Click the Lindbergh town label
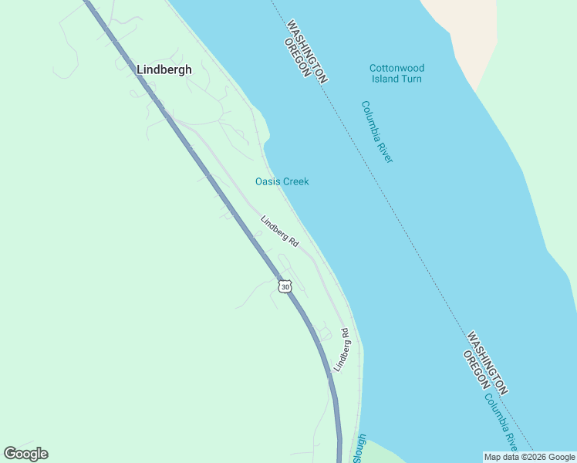pos(164,69)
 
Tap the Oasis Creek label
pos(282,181)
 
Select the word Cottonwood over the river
pos(396,68)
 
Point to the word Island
pos(384,79)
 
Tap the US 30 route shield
pos(285,286)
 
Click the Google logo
pos(25,454)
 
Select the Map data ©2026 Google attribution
pos(529,457)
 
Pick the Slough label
pos(358,448)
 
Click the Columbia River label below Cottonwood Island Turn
pos(377,132)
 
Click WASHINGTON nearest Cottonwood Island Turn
pos(307,50)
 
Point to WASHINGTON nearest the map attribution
pos(487,363)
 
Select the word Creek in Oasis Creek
pos(295,181)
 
